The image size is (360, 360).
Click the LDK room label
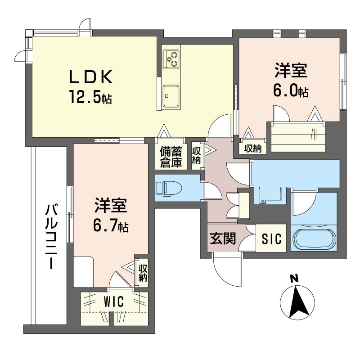[91, 76]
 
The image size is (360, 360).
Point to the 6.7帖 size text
[111, 225]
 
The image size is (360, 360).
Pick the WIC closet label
[114, 301]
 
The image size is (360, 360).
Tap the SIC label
[272, 239]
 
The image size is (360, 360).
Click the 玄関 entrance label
[223, 238]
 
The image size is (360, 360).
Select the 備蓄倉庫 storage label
[171, 157]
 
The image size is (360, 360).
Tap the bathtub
[314, 238]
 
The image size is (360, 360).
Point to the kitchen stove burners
[171, 59]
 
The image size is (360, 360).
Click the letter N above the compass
[294, 279]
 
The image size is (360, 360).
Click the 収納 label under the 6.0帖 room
[253, 149]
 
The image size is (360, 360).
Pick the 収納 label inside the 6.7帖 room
[143, 273]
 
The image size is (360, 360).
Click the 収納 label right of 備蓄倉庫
[197, 155]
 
